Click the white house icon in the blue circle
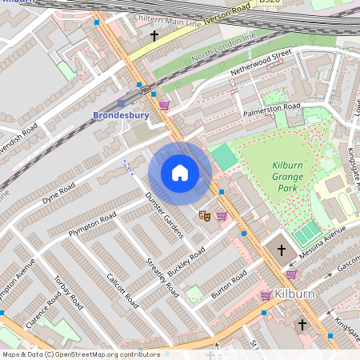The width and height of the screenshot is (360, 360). tap(180, 173)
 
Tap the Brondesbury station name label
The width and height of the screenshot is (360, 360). tap(121, 116)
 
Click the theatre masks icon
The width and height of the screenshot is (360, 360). tap(205, 215)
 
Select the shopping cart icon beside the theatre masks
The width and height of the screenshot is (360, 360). tap(222, 215)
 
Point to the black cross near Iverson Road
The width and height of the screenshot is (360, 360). tap(154, 36)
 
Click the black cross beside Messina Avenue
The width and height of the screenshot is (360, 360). tap(281, 250)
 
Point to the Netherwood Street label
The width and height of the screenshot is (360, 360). tap(260, 64)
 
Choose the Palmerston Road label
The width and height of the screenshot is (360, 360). tap(272, 108)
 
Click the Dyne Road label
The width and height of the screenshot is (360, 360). tap(58, 192)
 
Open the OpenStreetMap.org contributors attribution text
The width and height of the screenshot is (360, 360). tap(80, 354)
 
